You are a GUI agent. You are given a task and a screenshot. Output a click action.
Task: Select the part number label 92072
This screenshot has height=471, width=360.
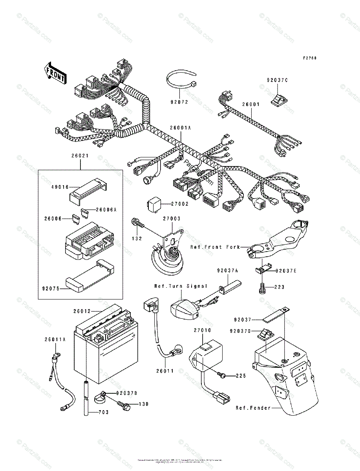click(179, 102)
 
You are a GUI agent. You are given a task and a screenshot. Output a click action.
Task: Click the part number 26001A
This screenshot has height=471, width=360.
click(180, 128)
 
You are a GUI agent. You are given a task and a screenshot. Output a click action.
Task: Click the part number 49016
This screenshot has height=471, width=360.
click(60, 187)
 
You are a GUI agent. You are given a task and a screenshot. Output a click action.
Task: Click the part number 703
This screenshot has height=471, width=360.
click(103, 412)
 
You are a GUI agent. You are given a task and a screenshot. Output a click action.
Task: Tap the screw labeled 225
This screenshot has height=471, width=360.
click(223, 376)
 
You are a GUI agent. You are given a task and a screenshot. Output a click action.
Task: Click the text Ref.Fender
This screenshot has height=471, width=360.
click(253, 408)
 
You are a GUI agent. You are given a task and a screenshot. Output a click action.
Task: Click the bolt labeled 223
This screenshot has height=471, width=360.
click(263, 288)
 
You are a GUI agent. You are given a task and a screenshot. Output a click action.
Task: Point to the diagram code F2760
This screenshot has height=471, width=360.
click(309, 58)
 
